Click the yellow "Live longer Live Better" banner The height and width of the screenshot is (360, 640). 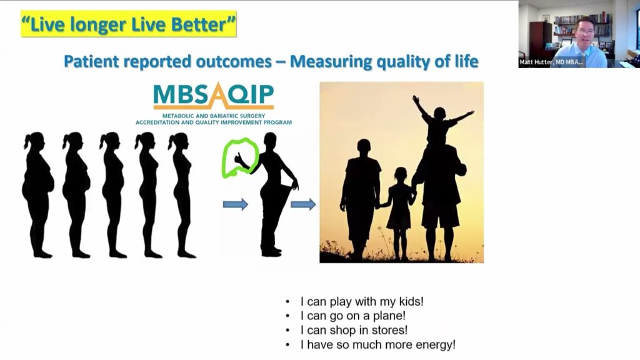pyautogui.click(x=129, y=24)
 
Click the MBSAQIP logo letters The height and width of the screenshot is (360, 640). pyautogui.click(x=214, y=95)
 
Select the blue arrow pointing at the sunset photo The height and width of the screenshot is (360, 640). pyautogui.click(x=303, y=204)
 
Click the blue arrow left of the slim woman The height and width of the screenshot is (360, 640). pyautogui.click(x=236, y=204)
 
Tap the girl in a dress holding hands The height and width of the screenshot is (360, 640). pyautogui.click(x=399, y=212)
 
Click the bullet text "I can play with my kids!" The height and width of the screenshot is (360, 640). pyautogui.click(x=362, y=302)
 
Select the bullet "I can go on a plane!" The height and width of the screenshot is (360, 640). pyautogui.click(x=352, y=316)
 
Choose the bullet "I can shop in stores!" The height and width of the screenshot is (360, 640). pyautogui.click(x=354, y=330)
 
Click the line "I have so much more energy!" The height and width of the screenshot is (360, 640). pyautogui.click(x=377, y=345)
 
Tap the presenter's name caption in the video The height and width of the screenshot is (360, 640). pyautogui.click(x=551, y=62)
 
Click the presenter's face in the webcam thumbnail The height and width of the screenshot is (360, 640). pyautogui.click(x=585, y=33)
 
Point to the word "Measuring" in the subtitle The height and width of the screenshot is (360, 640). pyautogui.click(x=331, y=62)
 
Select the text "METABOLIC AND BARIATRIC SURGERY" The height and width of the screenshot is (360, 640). pyautogui.click(x=214, y=116)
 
